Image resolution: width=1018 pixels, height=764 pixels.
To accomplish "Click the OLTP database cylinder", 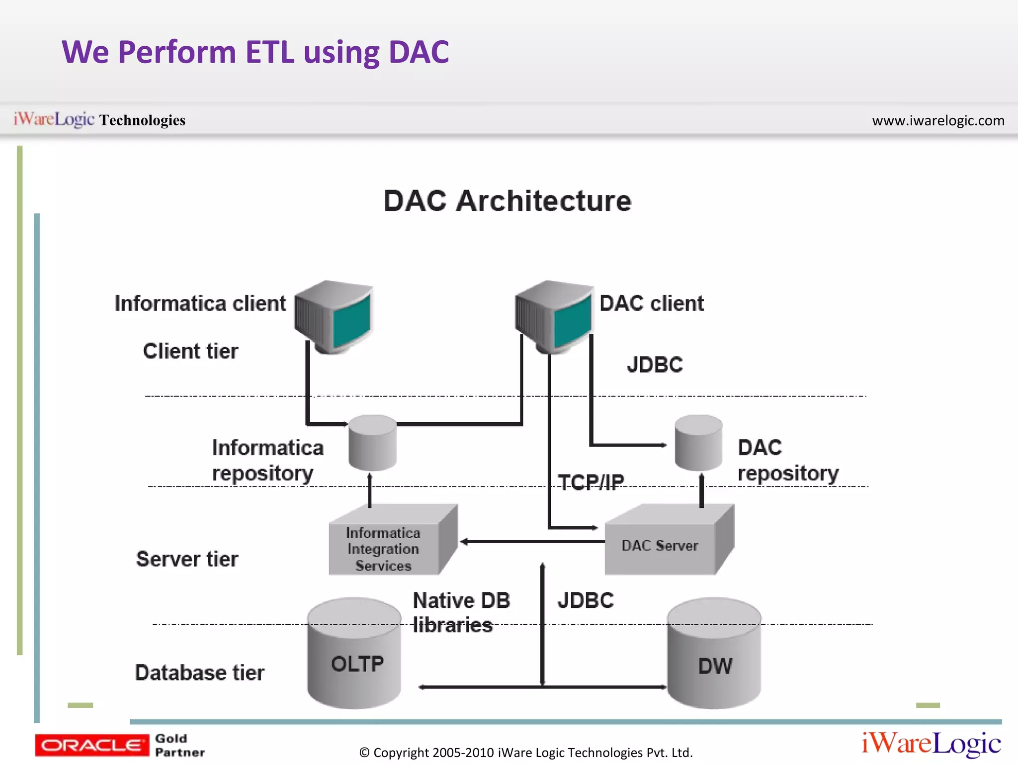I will (x=354, y=657).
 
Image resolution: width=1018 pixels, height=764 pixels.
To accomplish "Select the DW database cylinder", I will (x=714, y=657).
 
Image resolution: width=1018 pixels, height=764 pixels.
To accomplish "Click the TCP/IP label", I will (x=591, y=482).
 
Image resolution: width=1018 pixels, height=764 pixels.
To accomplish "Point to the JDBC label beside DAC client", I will (x=655, y=365).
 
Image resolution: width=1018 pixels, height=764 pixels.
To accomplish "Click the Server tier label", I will (x=187, y=559).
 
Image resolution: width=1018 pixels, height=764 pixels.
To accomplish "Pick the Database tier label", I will (x=199, y=672).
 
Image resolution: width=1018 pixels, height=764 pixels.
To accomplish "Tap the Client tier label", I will (x=190, y=351).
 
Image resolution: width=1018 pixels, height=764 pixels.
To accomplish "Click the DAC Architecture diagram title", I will (x=507, y=201).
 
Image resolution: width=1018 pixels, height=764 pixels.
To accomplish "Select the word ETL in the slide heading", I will (x=270, y=52).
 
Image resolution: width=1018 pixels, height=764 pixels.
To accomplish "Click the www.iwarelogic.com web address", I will (x=938, y=120).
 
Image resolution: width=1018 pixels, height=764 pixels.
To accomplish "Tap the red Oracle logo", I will (x=91, y=745).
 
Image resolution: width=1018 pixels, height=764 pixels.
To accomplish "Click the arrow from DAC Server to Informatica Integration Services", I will (x=532, y=542).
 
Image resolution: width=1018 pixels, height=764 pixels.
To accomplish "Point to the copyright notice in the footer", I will (x=526, y=753).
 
